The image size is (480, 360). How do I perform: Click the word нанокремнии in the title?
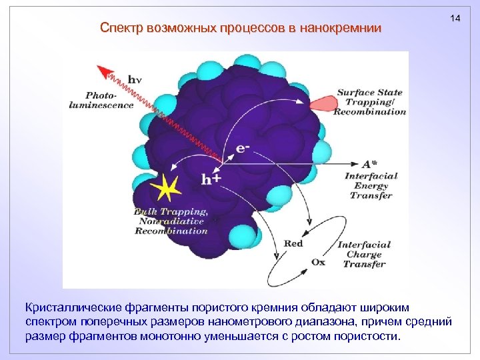(x=341, y=28)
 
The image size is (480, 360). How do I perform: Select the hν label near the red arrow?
(x=135, y=80)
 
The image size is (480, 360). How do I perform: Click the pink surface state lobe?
(x=323, y=102)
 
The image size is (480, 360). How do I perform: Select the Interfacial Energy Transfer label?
(x=371, y=186)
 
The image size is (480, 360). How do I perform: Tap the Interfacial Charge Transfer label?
(x=363, y=254)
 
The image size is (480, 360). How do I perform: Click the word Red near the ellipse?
(x=293, y=243)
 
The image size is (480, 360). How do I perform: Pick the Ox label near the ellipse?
(x=319, y=261)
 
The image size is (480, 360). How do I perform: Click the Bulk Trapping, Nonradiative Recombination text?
(x=172, y=221)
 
